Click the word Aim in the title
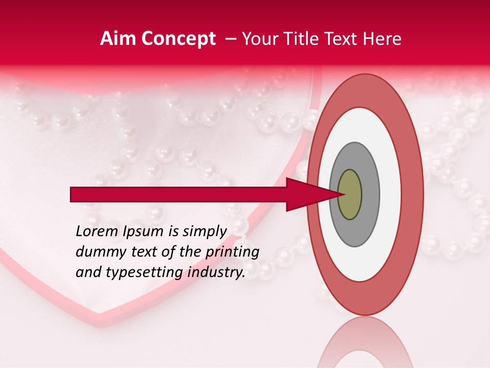118,39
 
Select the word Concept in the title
178,39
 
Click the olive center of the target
350,195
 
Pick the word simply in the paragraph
200,232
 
